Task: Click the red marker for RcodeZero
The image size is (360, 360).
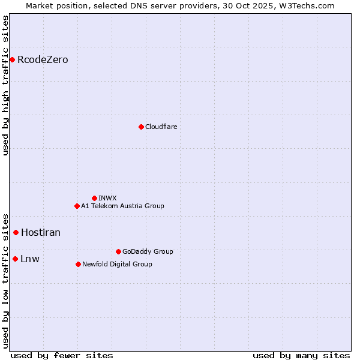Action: click(12, 59)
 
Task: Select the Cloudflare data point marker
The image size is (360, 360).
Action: click(141, 127)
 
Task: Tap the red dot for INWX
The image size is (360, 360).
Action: click(94, 198)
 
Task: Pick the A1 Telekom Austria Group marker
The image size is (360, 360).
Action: click(77, 206)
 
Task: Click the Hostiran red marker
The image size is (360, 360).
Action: click(16, 232)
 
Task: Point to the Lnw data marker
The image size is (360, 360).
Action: click(15, 259)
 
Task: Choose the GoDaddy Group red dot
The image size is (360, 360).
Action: click(118, 251)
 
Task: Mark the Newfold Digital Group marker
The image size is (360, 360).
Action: click(78, 264)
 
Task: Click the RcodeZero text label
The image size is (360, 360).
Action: click(43, 59)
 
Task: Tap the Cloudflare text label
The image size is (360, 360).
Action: click(161, 127)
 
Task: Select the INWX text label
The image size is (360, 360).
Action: click(107, 198)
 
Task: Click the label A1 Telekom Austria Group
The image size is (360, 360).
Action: click(122, 206)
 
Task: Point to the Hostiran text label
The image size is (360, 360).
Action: click(41, 232)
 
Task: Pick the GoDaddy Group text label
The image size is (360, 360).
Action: click(148, 251)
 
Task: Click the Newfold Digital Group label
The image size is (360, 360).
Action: click(117, 264)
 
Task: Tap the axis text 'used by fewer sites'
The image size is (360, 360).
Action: click(62, 355)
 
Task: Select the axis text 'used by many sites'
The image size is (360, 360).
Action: click(301, 355)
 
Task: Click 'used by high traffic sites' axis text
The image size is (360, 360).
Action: click(5, 86)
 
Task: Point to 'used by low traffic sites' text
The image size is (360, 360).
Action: click(5, 280)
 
